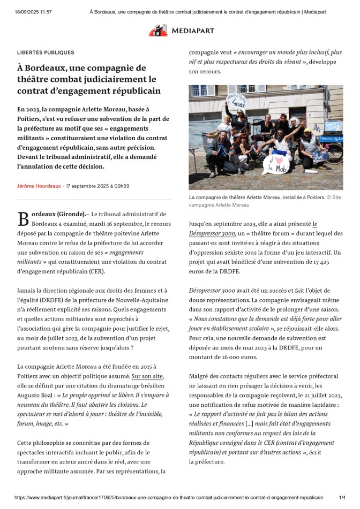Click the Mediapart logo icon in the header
(x=158, y=31)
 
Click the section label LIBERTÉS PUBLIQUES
(x=46, y=53)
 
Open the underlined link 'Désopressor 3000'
(x=211, y=233)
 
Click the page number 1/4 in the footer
(x=342, y=498)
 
